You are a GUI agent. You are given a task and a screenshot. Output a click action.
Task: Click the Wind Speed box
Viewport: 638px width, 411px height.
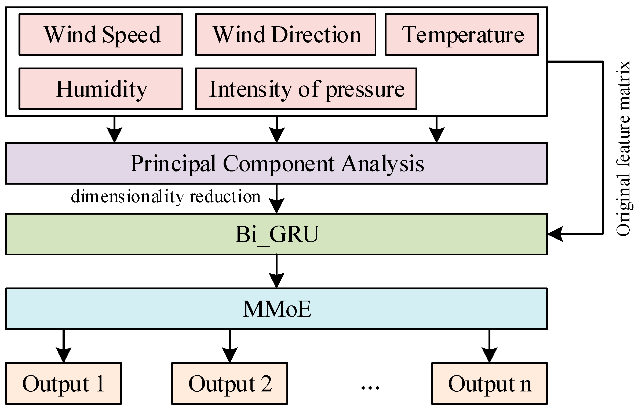coord(101,35)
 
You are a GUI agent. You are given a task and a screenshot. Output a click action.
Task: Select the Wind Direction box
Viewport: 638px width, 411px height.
coord(285,35)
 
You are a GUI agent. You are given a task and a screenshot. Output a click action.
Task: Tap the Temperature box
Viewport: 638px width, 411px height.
coord(462,35)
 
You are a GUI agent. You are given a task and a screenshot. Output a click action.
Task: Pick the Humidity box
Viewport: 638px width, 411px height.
coord(101,89)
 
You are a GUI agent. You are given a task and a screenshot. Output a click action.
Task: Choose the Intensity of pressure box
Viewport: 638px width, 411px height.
coord(306,89)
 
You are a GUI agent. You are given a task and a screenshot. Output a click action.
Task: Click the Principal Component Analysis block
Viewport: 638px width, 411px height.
coord(276,163)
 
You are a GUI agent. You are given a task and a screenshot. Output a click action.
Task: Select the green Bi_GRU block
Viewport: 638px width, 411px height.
coord(276,234)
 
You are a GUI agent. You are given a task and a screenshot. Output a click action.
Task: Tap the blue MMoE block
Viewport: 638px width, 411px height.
coord(276,309)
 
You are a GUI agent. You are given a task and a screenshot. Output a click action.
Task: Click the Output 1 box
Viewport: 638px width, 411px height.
coord(63,383)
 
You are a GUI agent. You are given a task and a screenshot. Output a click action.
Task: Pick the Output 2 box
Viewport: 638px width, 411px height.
coord(229,383)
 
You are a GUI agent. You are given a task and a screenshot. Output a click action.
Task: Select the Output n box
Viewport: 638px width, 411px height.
coord(489,383)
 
